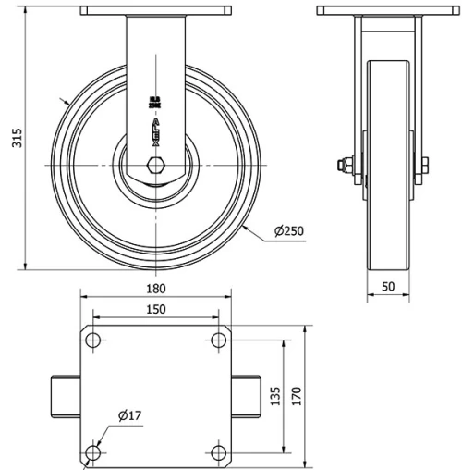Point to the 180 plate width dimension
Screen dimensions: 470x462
[x=157, y=288]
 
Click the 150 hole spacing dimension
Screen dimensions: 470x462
[x=157, y=308]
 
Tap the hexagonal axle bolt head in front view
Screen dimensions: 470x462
[x=155, y=169]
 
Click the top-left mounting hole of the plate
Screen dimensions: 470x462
[x=93, y=340]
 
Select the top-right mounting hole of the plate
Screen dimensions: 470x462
[x=219, y=340]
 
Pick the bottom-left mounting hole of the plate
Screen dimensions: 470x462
[x=93, y=452]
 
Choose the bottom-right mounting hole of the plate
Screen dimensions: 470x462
[x=219, y=452]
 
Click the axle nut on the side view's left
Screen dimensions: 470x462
[x=344, y=166]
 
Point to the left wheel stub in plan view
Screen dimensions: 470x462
[x=65, y=397]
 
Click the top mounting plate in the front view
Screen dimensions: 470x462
[x=156, y=11]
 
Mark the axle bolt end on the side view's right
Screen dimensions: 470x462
[x=425, y=166]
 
